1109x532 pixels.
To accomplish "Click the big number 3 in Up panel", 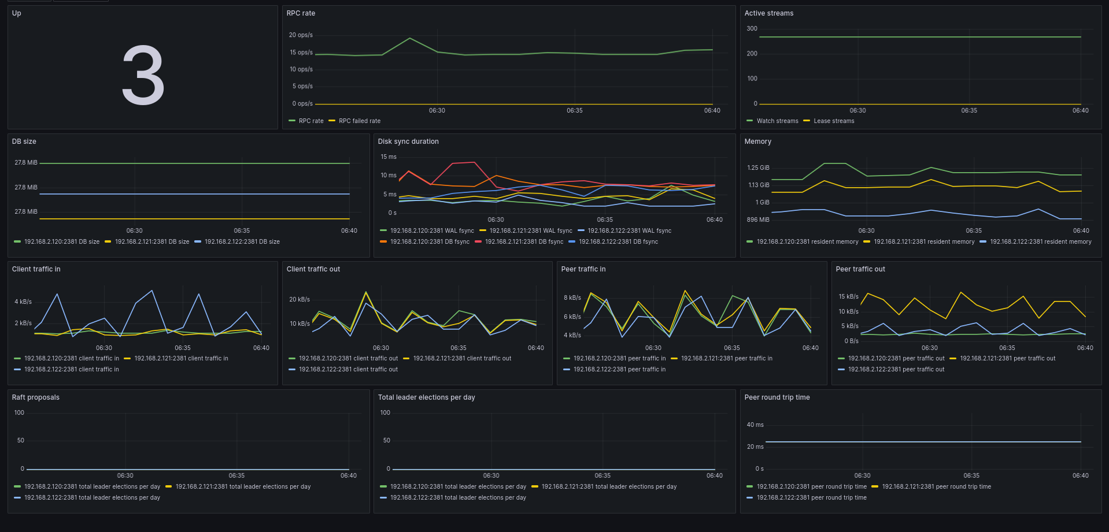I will (x=143, y=76).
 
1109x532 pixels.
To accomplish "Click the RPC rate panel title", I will (x=301, y=13).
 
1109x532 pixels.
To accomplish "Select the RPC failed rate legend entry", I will (x=359, y=121).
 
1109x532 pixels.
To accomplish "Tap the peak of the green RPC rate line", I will (x=410, y=39).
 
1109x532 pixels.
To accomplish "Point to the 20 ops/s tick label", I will (x=301, y=35).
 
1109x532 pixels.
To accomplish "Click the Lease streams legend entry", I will (x=833, y=121).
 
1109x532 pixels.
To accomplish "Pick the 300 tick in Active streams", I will (x=752, y=29).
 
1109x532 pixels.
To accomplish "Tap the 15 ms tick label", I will (x=389, y=157).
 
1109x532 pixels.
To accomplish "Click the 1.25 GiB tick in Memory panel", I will (x=758, y=168).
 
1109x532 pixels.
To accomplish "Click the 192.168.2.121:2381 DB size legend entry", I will (x=151, y=241).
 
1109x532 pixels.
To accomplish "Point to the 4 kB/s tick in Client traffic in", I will (x=23, y=302).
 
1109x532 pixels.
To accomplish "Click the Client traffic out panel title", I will (x=313, y=269).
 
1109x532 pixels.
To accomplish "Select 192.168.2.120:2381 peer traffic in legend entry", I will (x=619, y=358).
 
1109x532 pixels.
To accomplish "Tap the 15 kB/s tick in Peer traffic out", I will (x=848, y=297).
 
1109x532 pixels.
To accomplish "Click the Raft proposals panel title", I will (x=36, y=397).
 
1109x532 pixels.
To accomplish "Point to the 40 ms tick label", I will (x=755, y=425).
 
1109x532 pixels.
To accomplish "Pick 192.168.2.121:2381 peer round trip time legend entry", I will (x=936, y=486).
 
